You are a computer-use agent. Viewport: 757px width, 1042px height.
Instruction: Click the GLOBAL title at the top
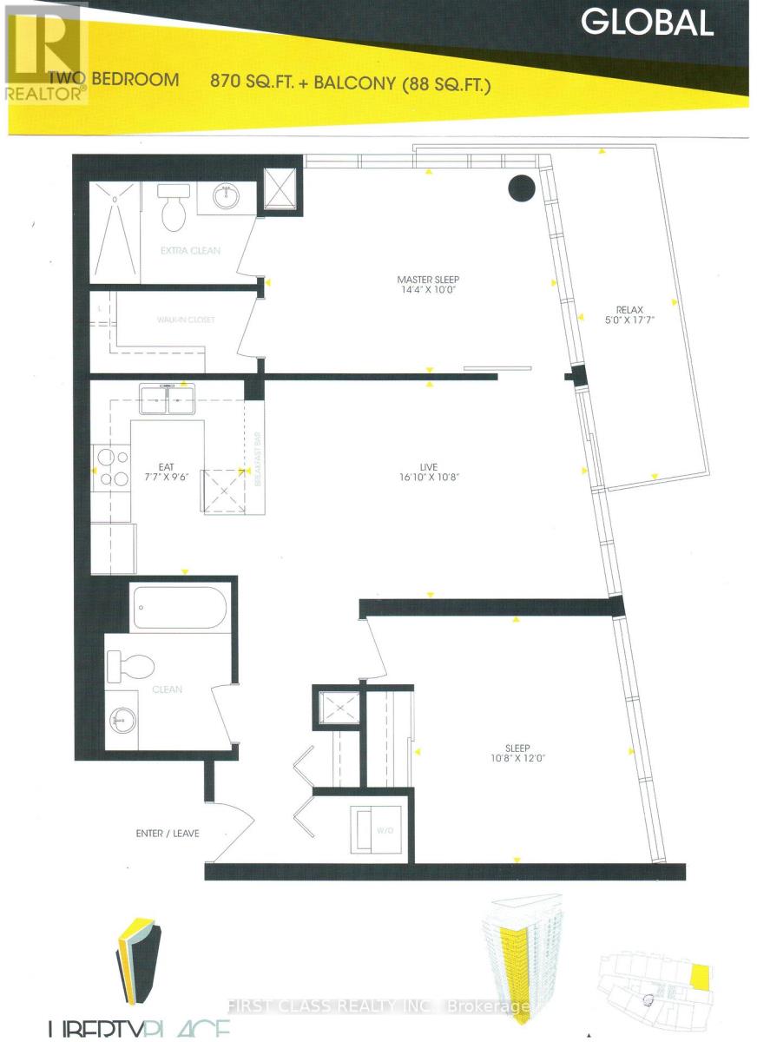click(x=648, y=22)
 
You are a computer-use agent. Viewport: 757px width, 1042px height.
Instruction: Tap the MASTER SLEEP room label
click(x=427, y=279)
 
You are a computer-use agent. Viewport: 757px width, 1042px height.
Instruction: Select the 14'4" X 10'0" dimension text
click(x=427, y=291)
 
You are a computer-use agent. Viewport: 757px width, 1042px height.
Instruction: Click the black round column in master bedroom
click(x=521, y=188)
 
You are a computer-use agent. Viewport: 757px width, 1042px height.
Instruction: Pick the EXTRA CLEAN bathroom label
click(x=190, y=251)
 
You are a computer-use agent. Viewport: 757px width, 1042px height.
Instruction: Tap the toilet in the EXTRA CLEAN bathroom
click(x=174, y=208)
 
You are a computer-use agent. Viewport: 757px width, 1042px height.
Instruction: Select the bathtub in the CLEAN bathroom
click(x=180, y=607)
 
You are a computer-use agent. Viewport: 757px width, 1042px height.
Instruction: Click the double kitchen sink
click(x=167, y=402)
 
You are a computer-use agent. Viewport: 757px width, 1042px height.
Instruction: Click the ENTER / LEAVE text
click(x=168, y=834)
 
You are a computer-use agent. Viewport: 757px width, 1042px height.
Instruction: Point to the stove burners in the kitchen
click(x=112, y=466)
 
